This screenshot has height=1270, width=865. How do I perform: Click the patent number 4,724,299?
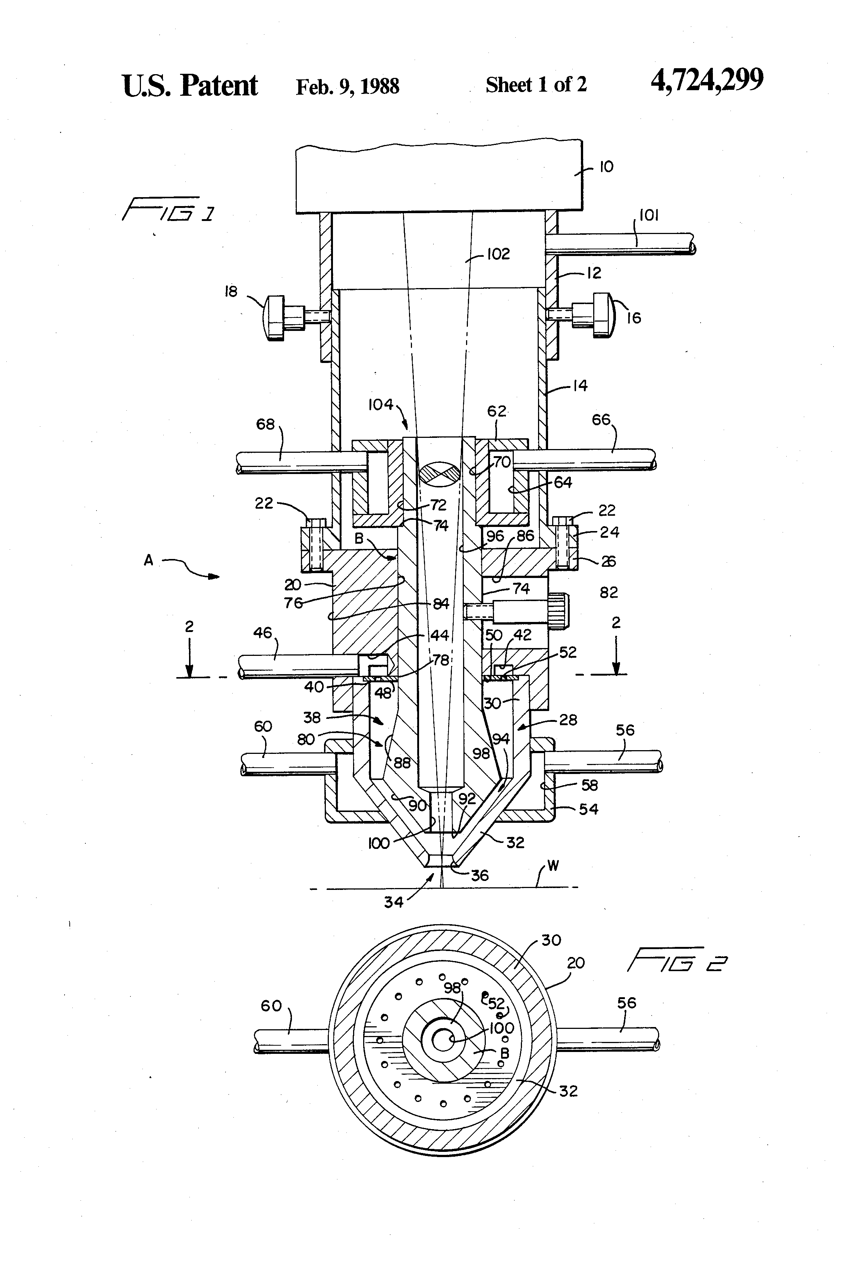707,81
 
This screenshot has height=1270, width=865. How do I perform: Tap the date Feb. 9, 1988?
348,86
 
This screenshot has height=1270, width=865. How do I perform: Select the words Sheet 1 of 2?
536,85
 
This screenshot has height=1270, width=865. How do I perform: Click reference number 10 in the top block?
606,167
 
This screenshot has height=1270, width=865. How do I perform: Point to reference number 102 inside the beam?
498,254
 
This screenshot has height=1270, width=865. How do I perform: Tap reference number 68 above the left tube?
266,424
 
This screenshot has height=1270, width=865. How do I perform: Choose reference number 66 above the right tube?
601,420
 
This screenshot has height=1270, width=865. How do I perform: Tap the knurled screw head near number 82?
558,610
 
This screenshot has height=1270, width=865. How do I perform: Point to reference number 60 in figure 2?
271,1005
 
